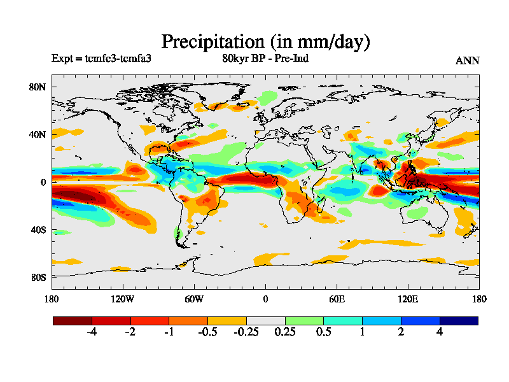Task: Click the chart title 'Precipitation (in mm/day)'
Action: tap(265, 41)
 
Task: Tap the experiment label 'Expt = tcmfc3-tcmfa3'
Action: tap(101, 59)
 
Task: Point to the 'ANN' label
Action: tap(467, 60)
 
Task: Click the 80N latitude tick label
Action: tap(39, 87)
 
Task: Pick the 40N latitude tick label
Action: tap(39, 135)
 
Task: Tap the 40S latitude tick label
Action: tap(40, 230)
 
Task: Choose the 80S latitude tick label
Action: tap(40, 278)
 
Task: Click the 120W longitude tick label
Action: tap(122, 299)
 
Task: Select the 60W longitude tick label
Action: tap(194, 299)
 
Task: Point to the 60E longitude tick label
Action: tap(337, 299)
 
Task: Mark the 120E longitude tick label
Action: tap(408, 299)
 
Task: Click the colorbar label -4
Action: tap(92, 332)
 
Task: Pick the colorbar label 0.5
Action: tap(323, 332)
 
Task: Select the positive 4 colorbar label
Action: tap(440, 332)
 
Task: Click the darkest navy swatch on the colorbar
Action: tap(459, 321)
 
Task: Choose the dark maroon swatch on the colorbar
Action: tap(72, 321)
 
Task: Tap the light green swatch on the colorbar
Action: tap(304, 321)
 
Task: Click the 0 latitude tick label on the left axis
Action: tap(44, 183)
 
